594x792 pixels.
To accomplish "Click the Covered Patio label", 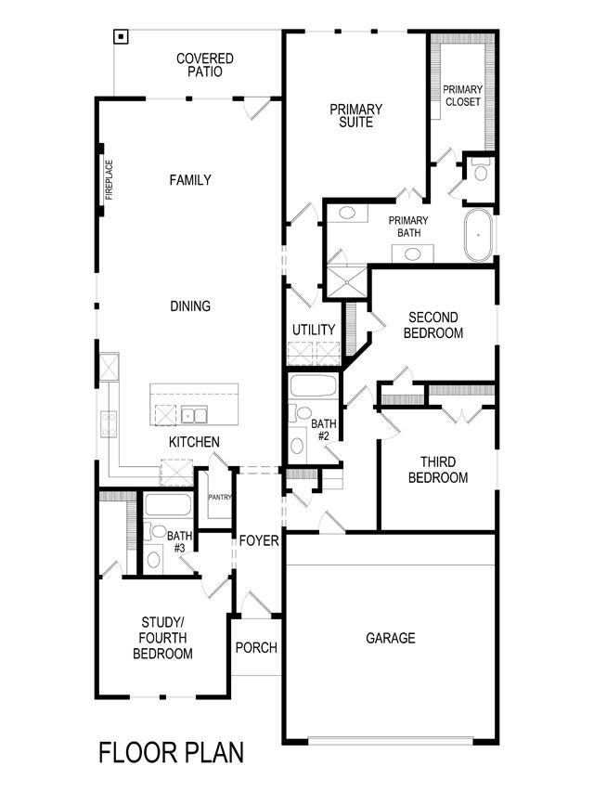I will tap(205, 64).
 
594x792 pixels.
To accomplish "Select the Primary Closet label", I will tap(462, 95).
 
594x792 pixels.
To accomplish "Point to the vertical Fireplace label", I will tap(109, 180).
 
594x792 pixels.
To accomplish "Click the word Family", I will tap(190, 180).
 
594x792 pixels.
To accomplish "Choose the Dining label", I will tap(190, 305).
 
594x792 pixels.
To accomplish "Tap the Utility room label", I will tap(314, 330).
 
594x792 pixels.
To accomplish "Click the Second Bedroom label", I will tap(433, 325).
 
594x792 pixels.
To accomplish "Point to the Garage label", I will tap(390, 638).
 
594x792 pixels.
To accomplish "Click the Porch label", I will tap(255, 647).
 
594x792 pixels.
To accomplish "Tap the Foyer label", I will tap(259, 540).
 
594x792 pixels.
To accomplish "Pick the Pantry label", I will tap(219, 498).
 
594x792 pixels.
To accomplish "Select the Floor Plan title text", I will tap(172, 752).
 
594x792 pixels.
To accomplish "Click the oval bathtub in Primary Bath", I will tap(478, 235).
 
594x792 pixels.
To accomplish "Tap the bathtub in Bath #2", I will tap(315, 385).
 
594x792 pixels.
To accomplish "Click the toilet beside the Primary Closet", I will tap(480, 172).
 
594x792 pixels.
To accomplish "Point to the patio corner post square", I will tap(121, 37).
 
